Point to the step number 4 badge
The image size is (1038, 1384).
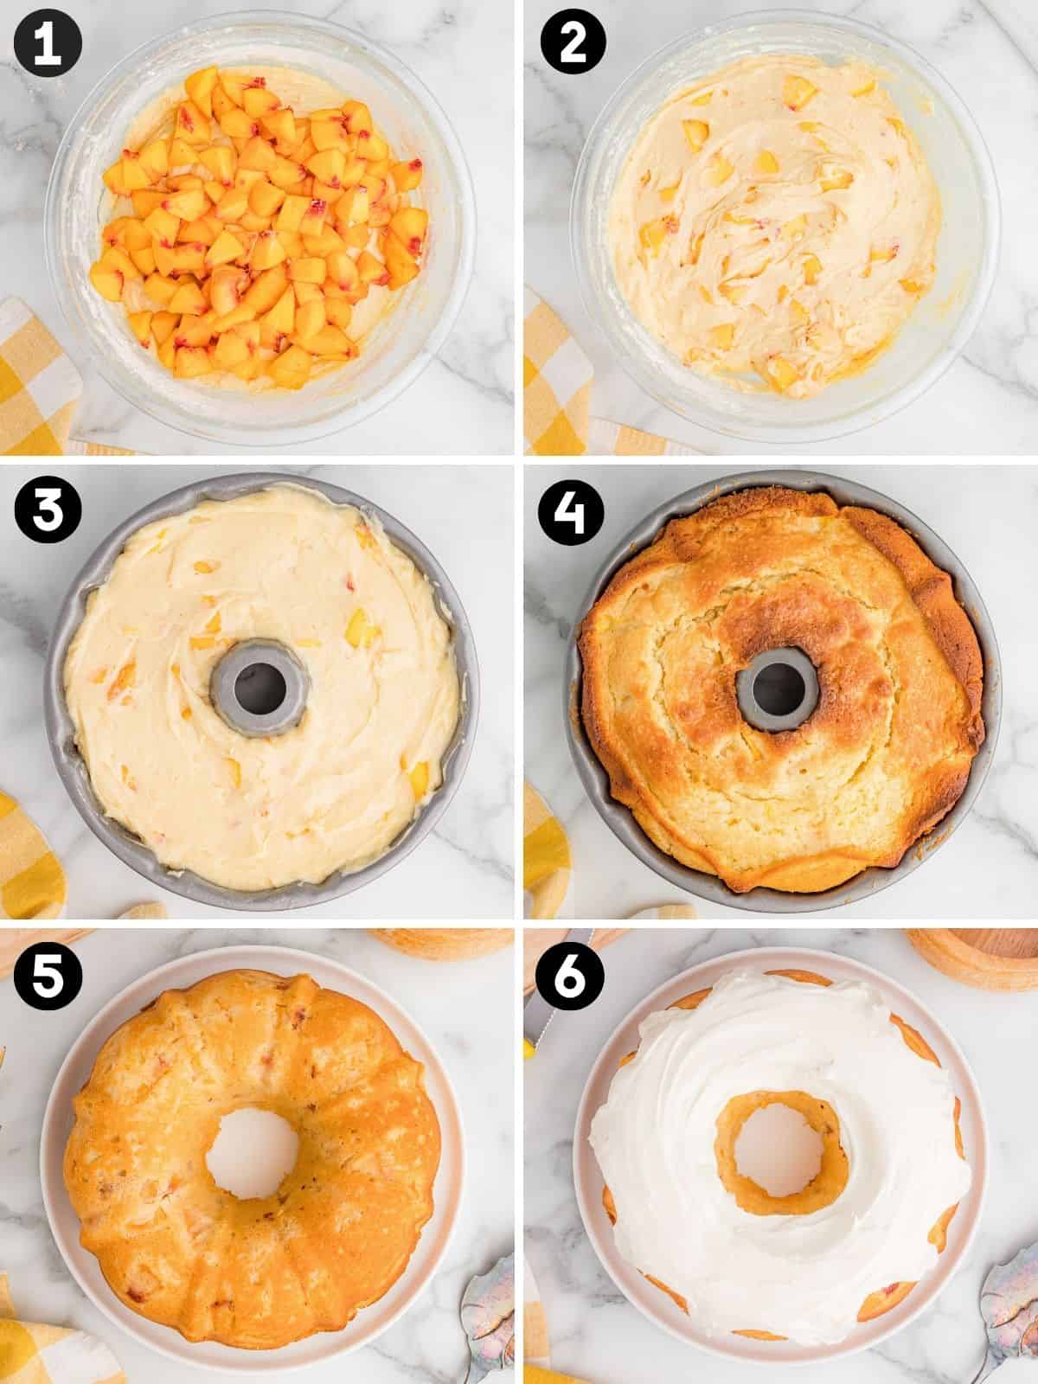(572, 512)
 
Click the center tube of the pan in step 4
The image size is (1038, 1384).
(778, 687)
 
